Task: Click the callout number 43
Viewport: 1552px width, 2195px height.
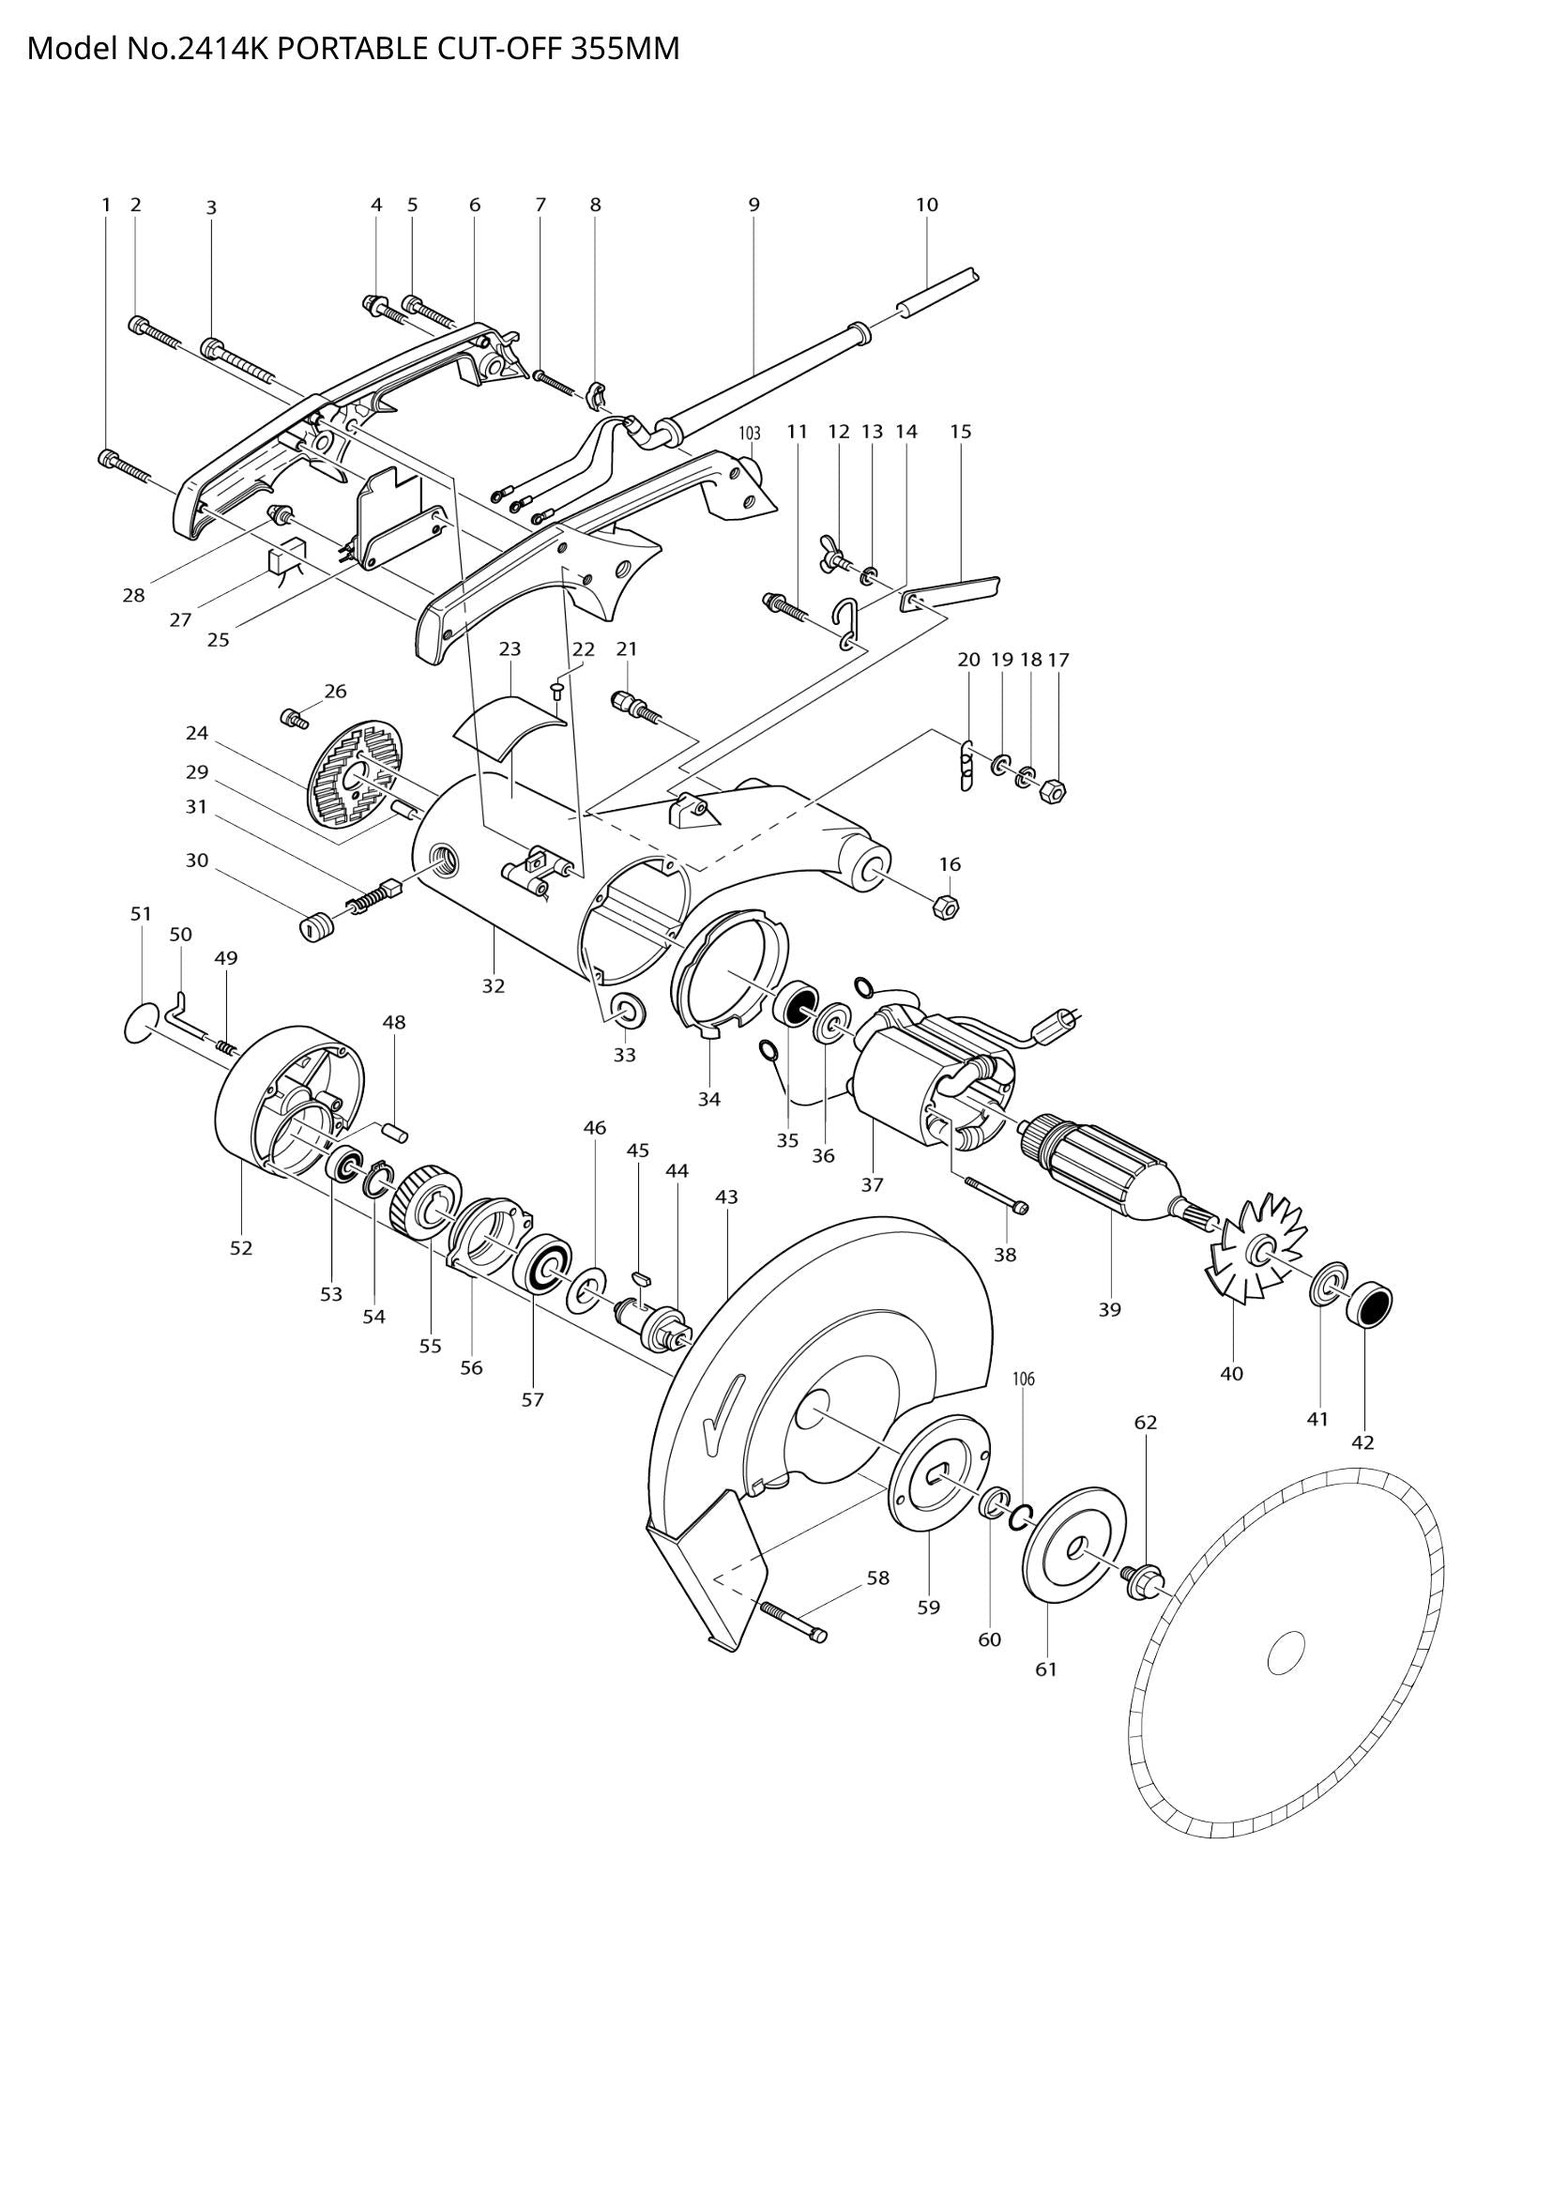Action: pos(726,1196)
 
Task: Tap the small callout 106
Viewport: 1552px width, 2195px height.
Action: pos(1024,1379)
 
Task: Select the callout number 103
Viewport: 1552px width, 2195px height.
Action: pos(749,432)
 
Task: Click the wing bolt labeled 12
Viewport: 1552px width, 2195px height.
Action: pos(829,554)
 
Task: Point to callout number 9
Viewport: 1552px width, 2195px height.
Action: pos(754,204)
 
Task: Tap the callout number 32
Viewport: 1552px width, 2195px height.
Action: pos(494,985)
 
